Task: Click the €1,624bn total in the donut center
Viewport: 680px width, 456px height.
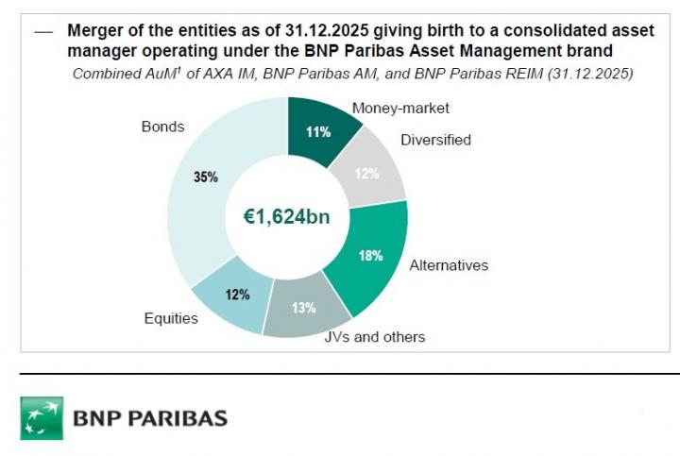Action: coord(287,217)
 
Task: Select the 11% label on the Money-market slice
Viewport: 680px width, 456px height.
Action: coord(318,132)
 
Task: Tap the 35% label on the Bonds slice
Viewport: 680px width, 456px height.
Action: coord(206,177)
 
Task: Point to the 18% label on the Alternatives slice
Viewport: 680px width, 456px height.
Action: coord(371,256)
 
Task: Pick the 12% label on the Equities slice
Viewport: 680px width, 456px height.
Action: coord(237,295)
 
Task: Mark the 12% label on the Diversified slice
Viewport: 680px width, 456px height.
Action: coord(366,174)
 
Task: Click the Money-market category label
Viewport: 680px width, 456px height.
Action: coord(400,108)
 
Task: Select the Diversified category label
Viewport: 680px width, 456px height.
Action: coord(435,140)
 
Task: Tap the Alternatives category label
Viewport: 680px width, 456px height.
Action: coord(449,265)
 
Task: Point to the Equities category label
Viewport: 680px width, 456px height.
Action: coord(171,318)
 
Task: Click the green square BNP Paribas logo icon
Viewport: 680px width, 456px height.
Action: coord(42,417)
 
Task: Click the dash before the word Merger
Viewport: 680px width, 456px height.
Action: coord(42,30)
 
